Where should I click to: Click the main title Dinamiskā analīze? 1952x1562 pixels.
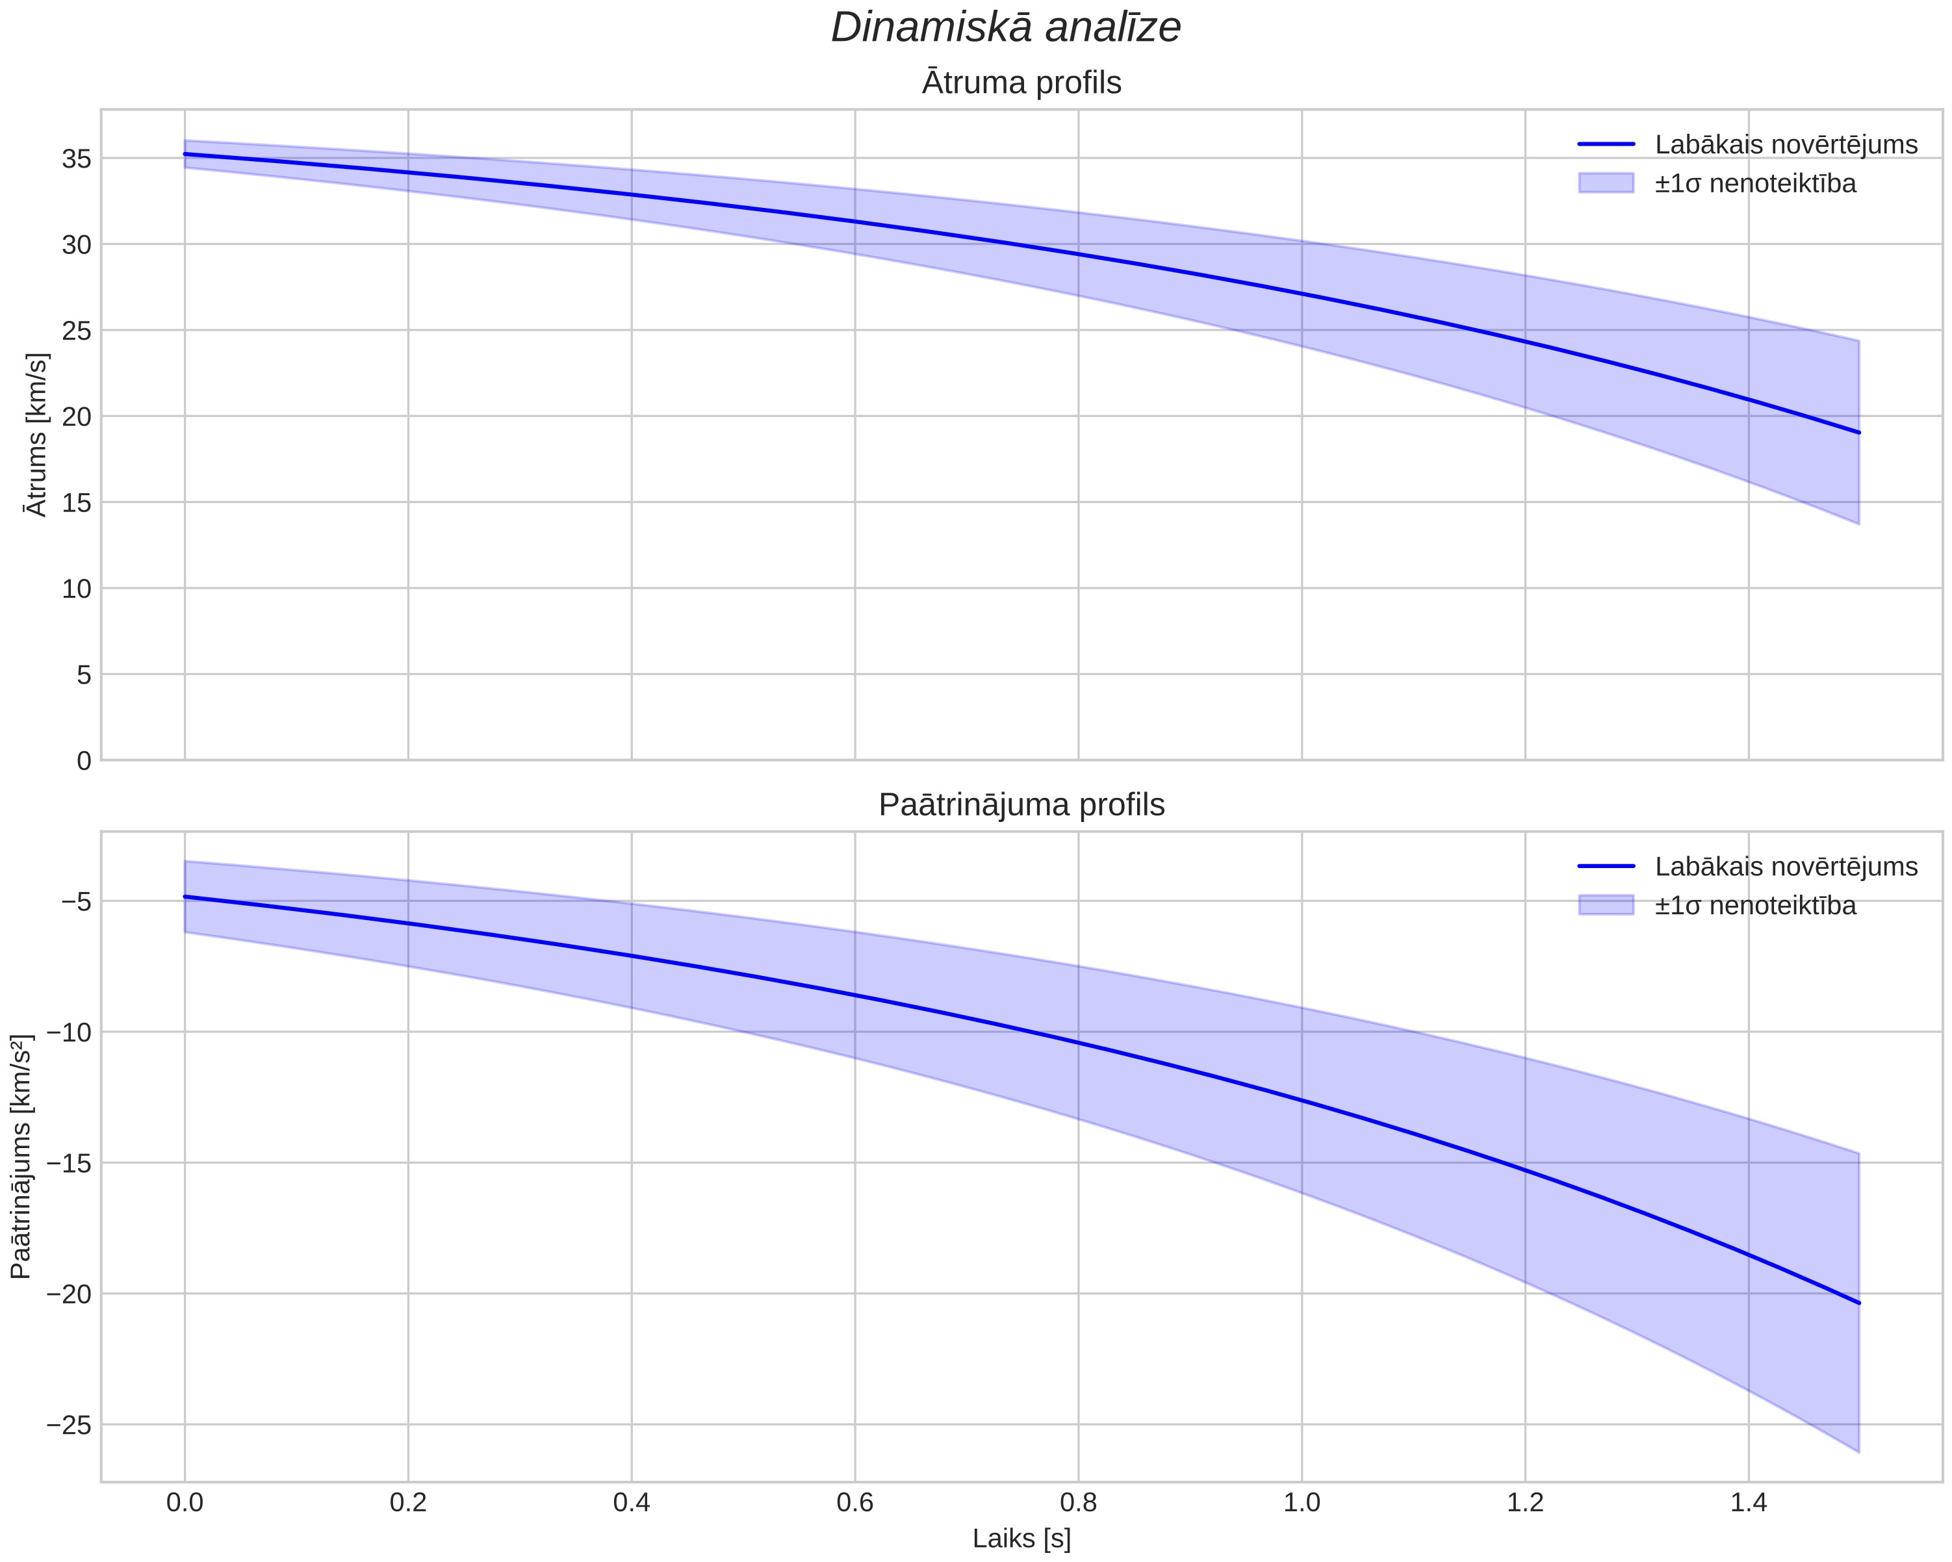(1006, 27)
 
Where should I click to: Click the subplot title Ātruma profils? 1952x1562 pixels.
(1021, 83)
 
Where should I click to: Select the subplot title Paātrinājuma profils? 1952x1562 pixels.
(1021, 804)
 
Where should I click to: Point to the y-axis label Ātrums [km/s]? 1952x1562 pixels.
(36, 435)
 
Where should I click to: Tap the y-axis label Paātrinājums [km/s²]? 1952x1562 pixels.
(21, 1157)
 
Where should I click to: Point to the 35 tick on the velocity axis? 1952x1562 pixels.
(77, 159)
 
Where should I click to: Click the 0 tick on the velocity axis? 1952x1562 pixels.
(84, 762)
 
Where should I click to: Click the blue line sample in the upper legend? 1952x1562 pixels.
(1606, 144)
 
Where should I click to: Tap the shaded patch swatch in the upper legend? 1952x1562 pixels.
(1606, 183)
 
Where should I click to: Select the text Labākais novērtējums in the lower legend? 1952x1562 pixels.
(1786, 867)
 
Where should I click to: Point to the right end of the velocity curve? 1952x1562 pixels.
(1858, 433)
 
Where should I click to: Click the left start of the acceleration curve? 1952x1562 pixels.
(185, 897)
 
